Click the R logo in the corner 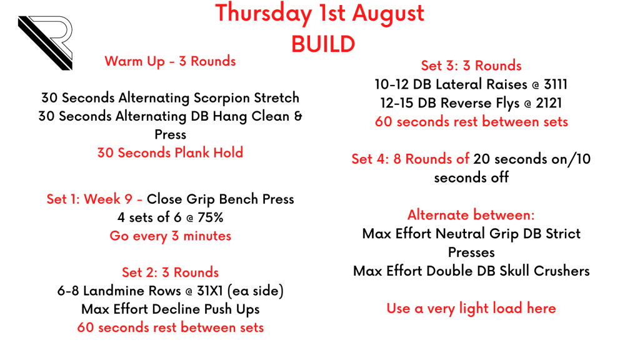(x=46, y=43)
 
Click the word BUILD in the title (x=323, y=44)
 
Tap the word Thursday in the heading (x=263, y=14)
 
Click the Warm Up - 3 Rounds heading (x=170, y=61)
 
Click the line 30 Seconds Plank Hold (x=170, y=152)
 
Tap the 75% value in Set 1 (x=210, y=217)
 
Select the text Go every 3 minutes (x=170, y=236)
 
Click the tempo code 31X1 (x=210, y=291)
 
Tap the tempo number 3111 (x=556, y=84)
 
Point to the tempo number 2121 (x=549, y=103)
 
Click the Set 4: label (x=370, y=159)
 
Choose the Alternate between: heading (x=471, y=215)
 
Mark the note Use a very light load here (x=471, y=309)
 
